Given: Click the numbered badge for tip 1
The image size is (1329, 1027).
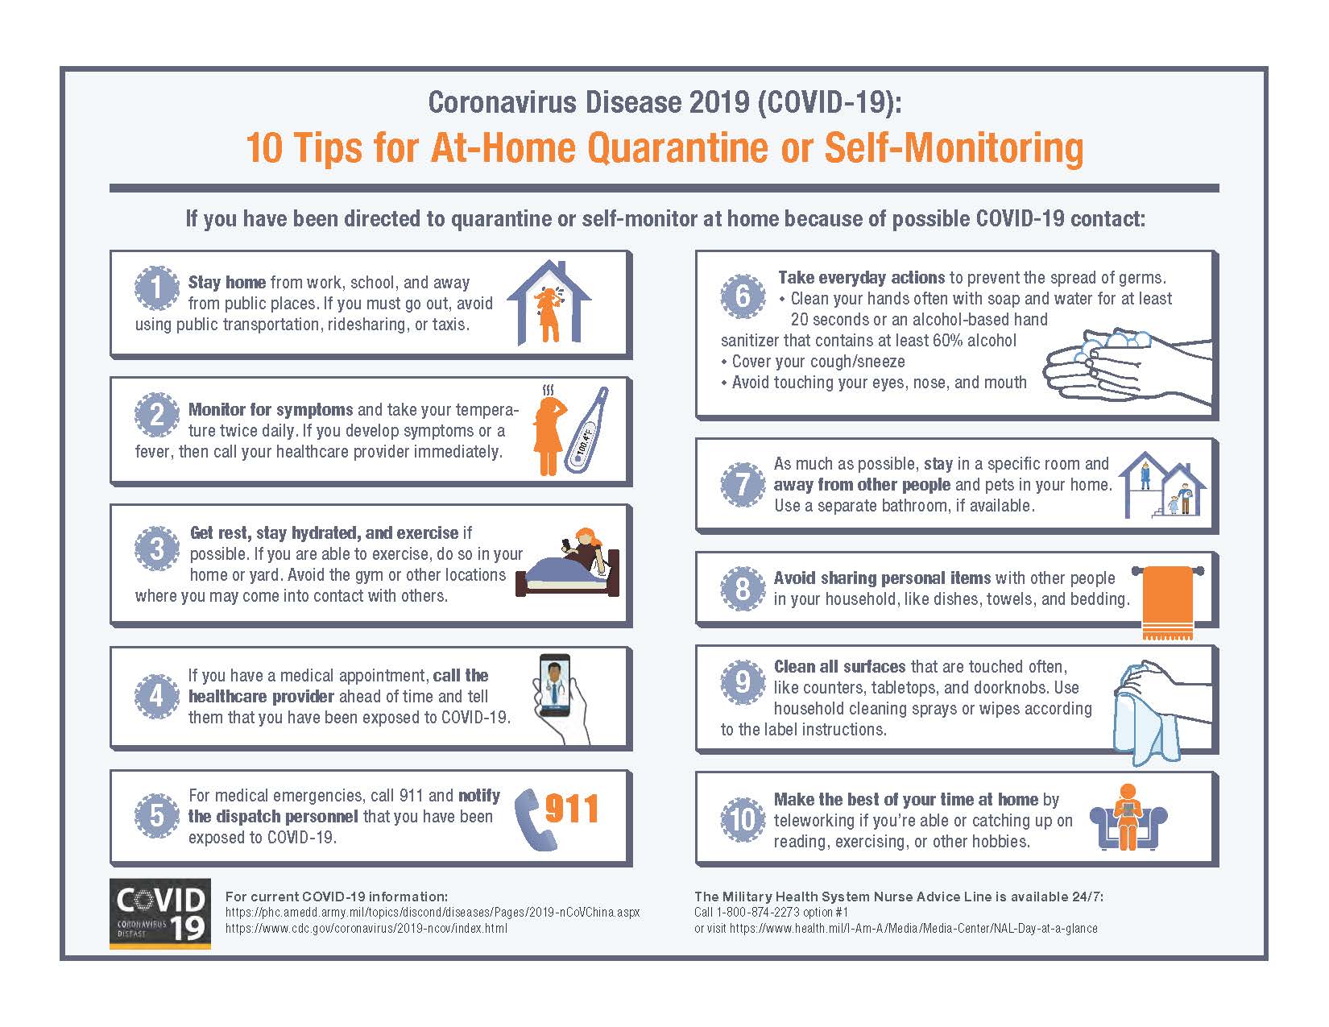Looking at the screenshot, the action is click(157, 288).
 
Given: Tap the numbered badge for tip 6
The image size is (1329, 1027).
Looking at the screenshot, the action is click(743, 296).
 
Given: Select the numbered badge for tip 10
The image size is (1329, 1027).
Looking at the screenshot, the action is click(743, 820).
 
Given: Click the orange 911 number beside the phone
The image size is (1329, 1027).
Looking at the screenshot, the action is click(571, 810).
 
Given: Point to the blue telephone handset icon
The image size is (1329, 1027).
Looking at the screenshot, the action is click(532, 820).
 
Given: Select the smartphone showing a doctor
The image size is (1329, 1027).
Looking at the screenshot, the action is click(555, 685).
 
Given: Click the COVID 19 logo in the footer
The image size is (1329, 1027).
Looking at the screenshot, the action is click(160, 914).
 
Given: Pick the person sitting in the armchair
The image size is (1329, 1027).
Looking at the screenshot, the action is click(1127, 817).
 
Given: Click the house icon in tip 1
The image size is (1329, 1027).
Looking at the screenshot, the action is click(549, 302).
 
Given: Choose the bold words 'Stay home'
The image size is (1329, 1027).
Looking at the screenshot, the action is click(227, 282).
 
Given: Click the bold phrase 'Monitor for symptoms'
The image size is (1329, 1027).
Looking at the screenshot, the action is click(271, 409).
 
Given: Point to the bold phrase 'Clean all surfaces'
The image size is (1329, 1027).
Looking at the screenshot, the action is click(839, 666).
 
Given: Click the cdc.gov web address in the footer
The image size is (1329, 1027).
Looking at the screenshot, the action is click(366, 929).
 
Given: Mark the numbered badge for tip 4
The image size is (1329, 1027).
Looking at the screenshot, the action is click(157, 696).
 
